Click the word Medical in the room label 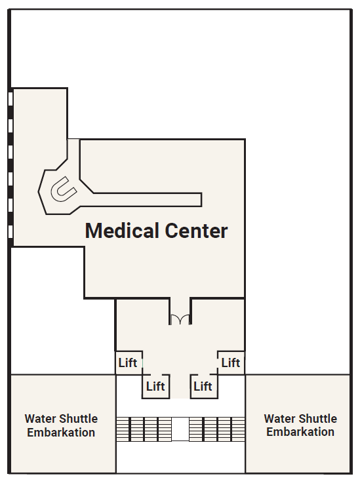click(x=122, y=231)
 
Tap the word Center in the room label click(x=196, y=231)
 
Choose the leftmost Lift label click(x=128, y=362)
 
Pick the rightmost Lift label click(x=231, y=362)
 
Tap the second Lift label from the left click(x=155, y=386)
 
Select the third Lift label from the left click(x=203, y=386)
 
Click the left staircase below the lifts click(x=144, y=429)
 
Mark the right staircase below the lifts click(x=217, y=429)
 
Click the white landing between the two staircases click(x=180, y=429)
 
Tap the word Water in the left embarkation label click(x=39, y=418)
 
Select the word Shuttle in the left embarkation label click(x=78, y=418)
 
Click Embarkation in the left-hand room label click(x=61, y=433)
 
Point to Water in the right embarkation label click(x=278, y=418)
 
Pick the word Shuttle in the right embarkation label click(x=317, y=418)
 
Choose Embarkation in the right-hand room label click(x=300, y=432)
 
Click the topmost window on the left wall click(x=10, y=99)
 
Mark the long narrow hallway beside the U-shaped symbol click(x=147, y=200)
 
